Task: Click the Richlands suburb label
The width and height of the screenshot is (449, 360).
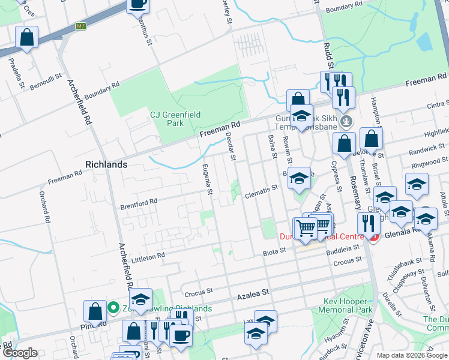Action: click(106, 164)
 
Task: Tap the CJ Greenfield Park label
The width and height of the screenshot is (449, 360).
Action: click(175, 118)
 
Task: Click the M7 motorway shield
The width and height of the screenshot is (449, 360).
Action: click(80, 26)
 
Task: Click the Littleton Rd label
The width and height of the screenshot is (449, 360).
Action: click(148, 257)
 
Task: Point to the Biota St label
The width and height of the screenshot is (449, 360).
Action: click(275, 254)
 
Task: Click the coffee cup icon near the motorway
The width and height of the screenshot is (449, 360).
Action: click(137, 4)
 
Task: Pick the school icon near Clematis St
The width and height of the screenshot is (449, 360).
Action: click(299, 178)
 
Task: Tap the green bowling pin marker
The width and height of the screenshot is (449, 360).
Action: click(113, 308)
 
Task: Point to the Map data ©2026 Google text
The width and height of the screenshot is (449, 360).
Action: click(411, 355)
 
